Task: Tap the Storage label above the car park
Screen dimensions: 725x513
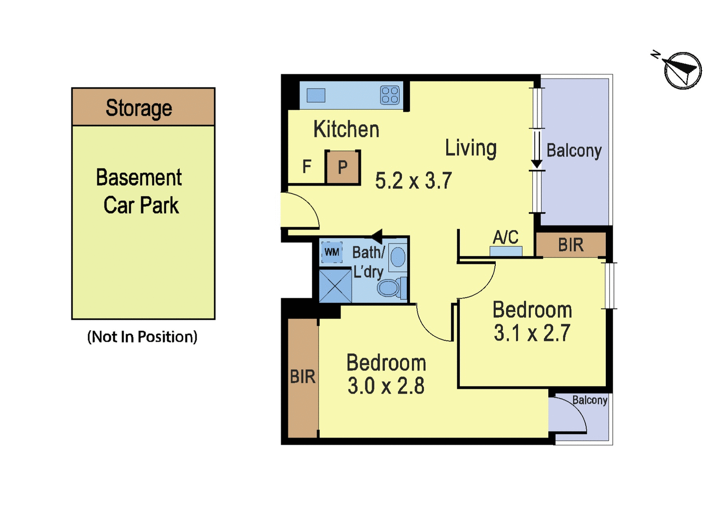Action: tap(139, 108)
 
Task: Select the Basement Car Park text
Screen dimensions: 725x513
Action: tap(140, 191)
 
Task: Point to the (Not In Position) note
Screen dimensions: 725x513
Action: tap(142, 337)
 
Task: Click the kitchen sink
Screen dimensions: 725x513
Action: tap(315, 95)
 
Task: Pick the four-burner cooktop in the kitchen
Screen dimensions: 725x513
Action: tap(390, 95)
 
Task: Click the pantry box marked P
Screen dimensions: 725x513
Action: tap(343, 167)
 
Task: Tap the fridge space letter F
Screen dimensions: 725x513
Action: tap(306, 166)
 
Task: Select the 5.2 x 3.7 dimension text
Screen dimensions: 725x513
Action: tap(413, 181)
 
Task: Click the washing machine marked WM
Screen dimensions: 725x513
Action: tap(332, 252)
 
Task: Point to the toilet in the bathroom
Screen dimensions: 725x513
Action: tap(392, 288)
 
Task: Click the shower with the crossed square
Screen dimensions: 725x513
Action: tap(335, 286)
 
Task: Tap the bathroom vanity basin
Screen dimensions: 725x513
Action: tap(398, 257)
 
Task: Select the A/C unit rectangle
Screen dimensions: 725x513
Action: tap(506, 251)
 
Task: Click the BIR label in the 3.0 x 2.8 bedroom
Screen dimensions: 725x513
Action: tap(303, 377)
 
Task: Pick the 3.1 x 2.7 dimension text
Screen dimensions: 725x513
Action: tap(532, 333)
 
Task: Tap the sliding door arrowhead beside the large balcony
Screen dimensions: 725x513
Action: tap(536, 164)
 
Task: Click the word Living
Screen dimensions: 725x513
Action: tap(471, 148)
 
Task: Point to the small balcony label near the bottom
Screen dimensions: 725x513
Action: tap(590, 400)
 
